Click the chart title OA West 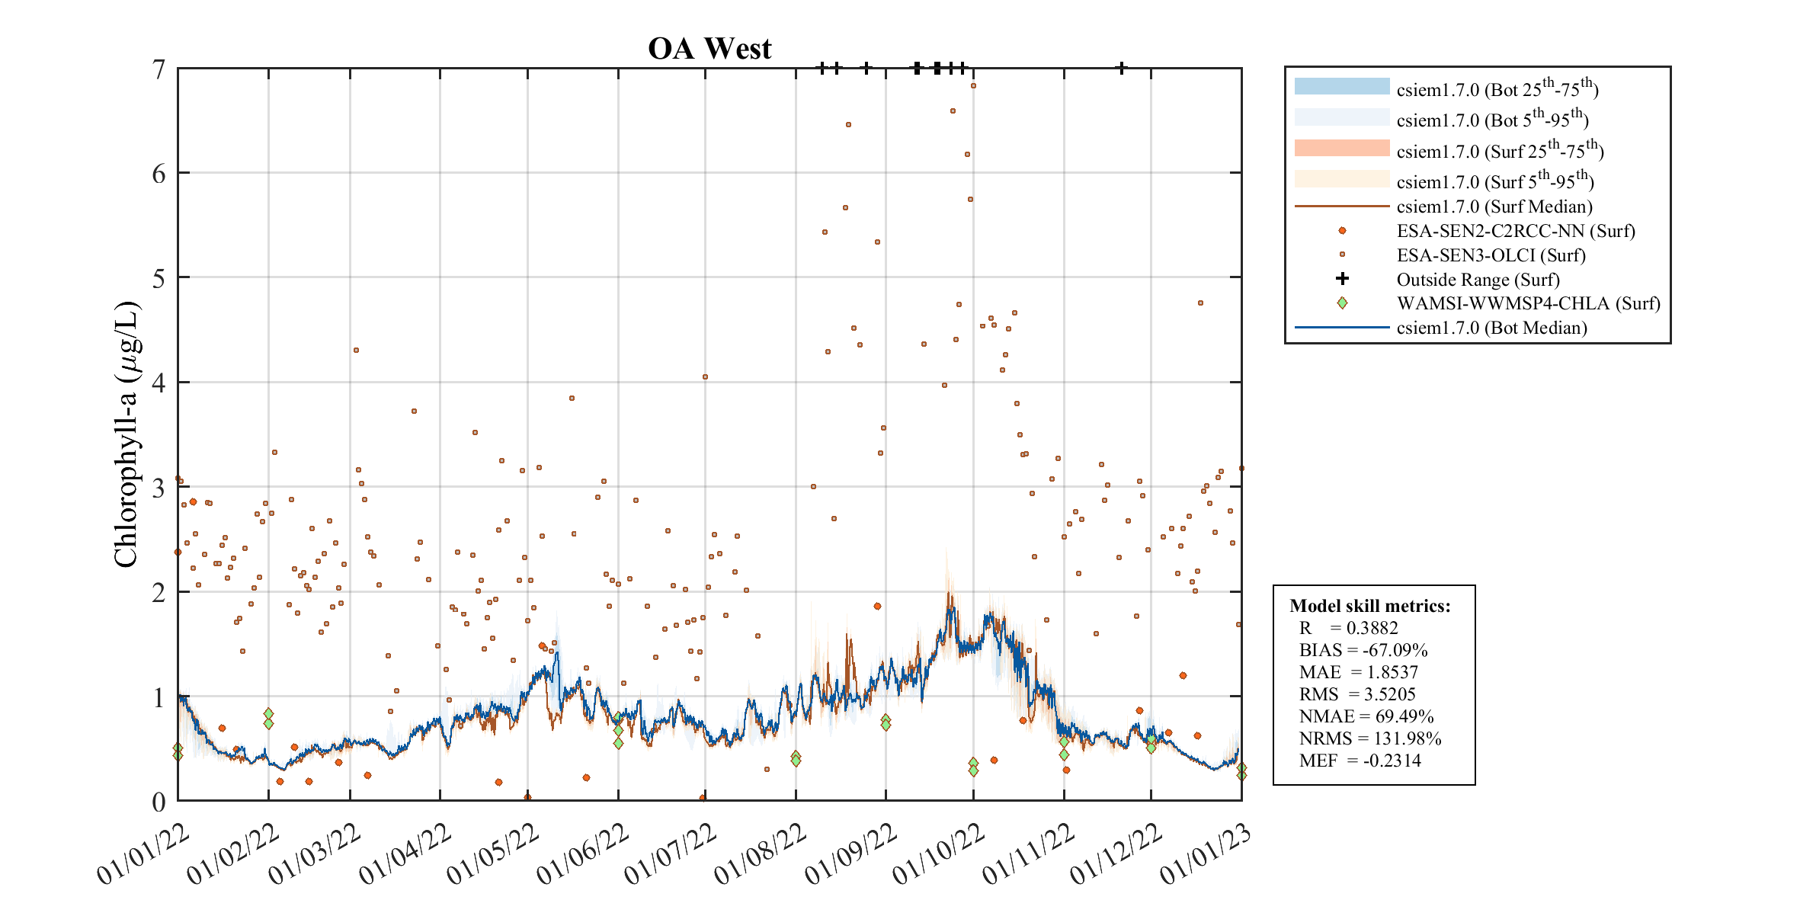(x=709, y=49)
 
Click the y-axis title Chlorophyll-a (x=127, y=434)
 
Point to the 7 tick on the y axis (x=159, y=69)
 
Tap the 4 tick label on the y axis (x=159, y=383)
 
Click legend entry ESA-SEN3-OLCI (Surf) (x=1491, y=255)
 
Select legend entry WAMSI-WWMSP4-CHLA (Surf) (x=1528, y=303)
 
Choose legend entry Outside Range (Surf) (x=1478, y=280)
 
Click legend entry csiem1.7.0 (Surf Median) (x=1494, y=207)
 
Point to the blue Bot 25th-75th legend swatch (x=1341, y=87)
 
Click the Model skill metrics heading (x=1369, y=606)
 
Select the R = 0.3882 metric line (x=1348, y=628)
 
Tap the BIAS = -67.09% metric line (x=1363, y=650)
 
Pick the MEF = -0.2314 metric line (x=1360, y=761)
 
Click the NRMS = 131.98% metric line (x=1369, y=738)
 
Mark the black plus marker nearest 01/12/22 (x=1121, y=68)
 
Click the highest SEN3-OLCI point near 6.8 (x=973, y=86)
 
